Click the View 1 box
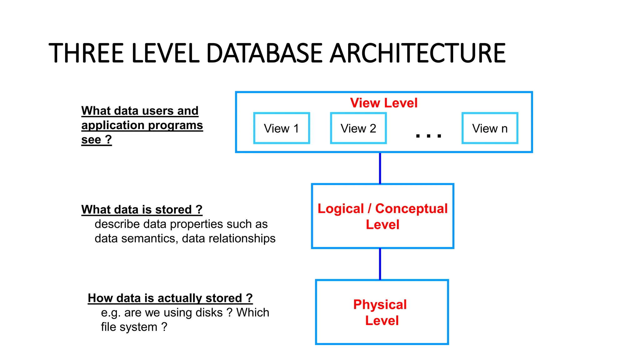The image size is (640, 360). [281, 128]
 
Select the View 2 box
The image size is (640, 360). [358, 128]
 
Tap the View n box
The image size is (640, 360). [490, 128]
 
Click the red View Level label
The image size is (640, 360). [383, 103]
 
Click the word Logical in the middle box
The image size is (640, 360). [341, 209]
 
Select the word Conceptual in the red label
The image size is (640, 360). [411, 209]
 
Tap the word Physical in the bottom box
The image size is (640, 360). [380, 304]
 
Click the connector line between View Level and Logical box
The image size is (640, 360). [380, 168]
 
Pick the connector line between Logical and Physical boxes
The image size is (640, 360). [380, 264]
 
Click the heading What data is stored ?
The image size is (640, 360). [142, 209]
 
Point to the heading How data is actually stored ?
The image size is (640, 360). [170, 298]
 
